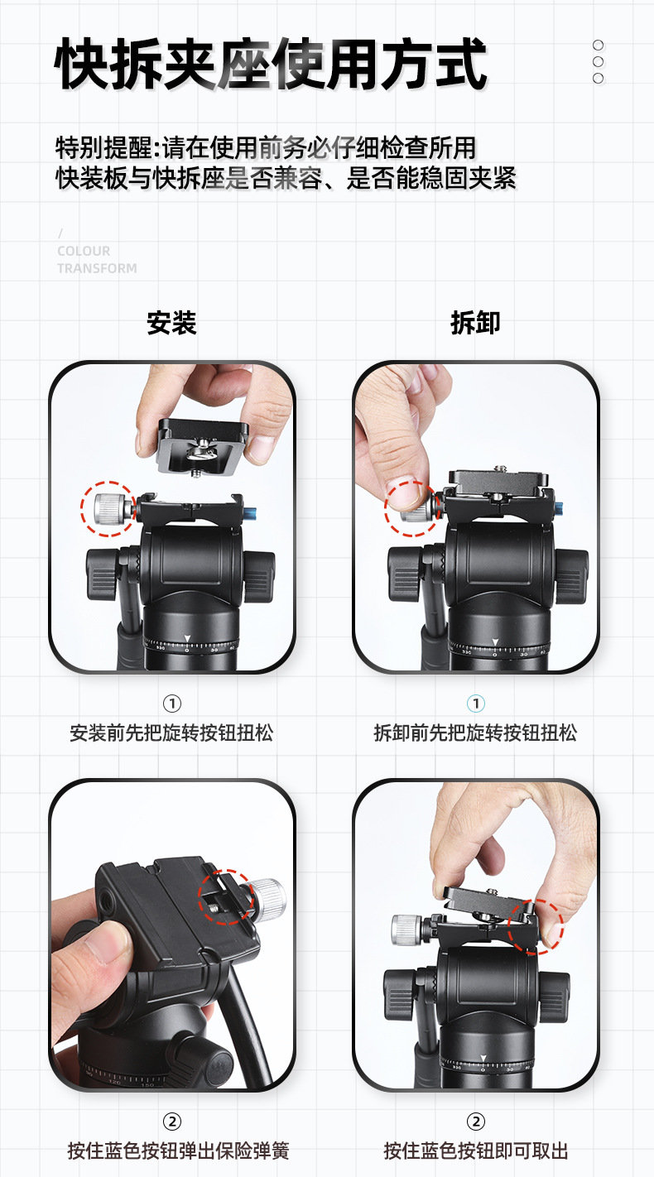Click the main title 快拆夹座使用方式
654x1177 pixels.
271,64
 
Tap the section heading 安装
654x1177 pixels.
171,323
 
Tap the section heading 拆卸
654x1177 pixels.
475,323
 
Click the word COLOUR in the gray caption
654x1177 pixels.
84,251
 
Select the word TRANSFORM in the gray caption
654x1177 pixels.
97,268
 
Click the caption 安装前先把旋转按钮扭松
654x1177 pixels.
171,733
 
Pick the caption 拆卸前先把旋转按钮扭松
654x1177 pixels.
475,733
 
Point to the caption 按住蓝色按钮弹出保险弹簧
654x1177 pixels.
178,1151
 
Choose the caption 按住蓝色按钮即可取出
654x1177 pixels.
476,1151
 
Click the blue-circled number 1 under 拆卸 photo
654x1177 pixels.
476,704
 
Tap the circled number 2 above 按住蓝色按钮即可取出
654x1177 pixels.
476,1122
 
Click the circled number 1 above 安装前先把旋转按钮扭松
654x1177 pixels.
171,704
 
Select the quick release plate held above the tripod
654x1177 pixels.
203,444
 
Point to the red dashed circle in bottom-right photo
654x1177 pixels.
536,926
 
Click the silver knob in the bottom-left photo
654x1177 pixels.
267,895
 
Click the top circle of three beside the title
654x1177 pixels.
599,46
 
